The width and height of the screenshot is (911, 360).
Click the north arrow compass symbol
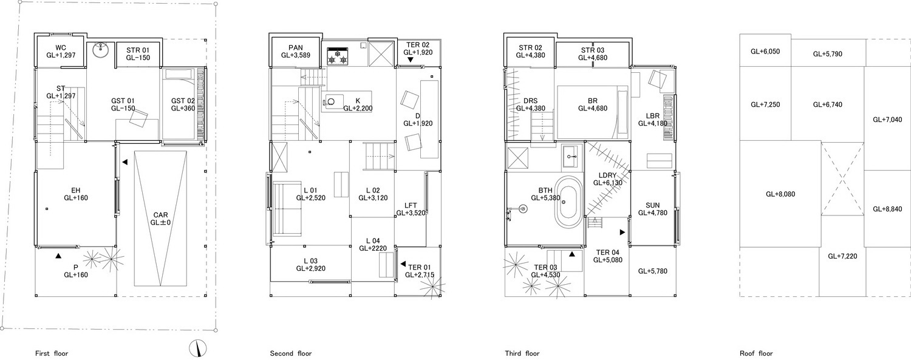point(198,348)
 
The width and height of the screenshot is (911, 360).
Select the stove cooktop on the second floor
point(338,56)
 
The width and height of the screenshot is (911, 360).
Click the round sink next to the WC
point(100,51)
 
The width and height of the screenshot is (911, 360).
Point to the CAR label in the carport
point(161,215)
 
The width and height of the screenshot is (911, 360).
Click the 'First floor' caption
point(52,353)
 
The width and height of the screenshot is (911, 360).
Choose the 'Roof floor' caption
point(756,353)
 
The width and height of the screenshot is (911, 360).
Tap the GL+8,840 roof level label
point(887,209)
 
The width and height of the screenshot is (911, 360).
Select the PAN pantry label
point(296,48)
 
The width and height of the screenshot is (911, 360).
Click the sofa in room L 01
point(287,208)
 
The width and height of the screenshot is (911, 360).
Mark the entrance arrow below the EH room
point(58,256)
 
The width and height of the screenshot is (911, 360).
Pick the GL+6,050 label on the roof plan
point(765,52)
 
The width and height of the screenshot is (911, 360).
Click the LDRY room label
point(607,175)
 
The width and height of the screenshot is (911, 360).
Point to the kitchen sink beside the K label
point(333,101)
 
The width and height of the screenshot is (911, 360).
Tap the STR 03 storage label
point(593,50)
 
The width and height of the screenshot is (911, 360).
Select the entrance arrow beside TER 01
point(403,264)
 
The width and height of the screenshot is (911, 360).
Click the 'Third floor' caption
point(522,353)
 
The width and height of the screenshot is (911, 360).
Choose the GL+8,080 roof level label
point(780,194)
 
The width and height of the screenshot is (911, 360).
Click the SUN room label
point(653,205)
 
